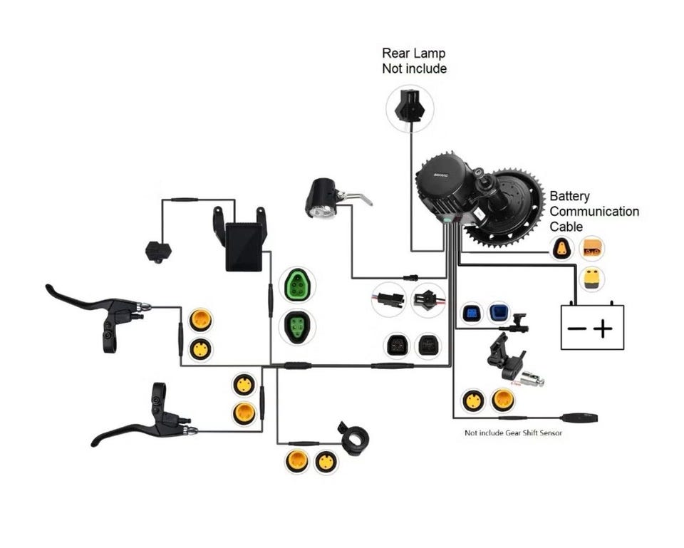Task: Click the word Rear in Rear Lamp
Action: click(x=397, y=53)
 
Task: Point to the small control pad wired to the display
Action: click(x=155, y=250)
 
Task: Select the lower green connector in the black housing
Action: click(x=297, y=327)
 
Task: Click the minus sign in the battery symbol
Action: click(x=577, y=329)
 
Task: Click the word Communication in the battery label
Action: click(x=594, y=212)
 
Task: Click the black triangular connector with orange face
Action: click(x=562, y=249)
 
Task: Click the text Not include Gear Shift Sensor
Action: click(x=513, y=433)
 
